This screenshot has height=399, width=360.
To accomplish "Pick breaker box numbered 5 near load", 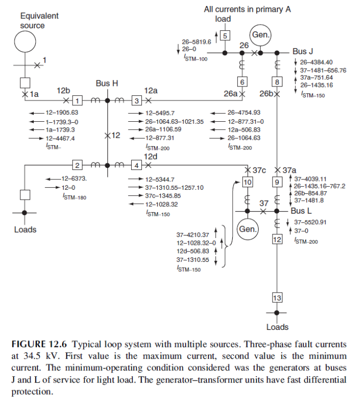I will tap(225, 35).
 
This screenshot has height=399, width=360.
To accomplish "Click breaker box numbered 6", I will tap(242, 81).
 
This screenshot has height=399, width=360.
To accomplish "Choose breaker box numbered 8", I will tap(277, 81).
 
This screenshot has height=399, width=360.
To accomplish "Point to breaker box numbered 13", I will tap(277, 298).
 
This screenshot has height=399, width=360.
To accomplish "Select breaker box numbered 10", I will tap(247, 182).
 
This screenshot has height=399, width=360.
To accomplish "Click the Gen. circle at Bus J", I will tap(260, 35).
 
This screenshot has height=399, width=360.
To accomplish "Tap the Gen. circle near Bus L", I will tap(247, 230).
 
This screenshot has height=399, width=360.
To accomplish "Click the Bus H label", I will tap(106, 83).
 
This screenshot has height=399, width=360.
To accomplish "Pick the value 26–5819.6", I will tap(197, 42).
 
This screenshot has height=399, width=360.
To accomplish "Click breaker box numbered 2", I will tap(78, 165).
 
